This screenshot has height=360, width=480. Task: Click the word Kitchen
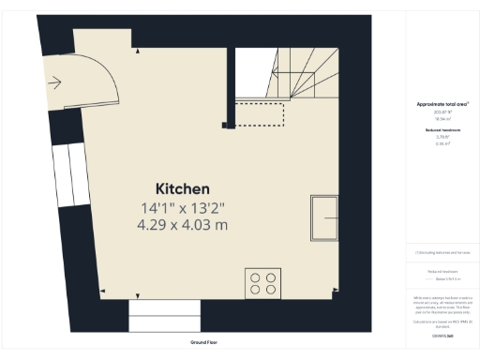point(183,188)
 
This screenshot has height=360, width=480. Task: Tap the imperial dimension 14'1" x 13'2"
point(183,207)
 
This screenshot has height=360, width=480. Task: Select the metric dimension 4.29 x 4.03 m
point(183,225)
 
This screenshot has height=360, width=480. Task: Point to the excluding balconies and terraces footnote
point(442,252)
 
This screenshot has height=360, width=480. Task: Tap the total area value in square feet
point(442,112)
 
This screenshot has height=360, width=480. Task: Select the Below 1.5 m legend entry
point(442,278)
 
